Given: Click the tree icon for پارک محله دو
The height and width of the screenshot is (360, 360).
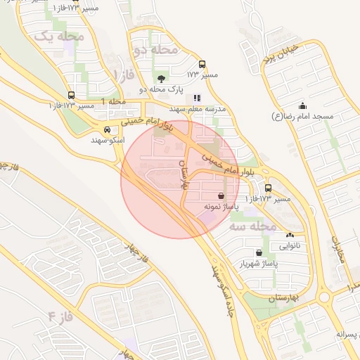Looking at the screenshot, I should coord(162,79).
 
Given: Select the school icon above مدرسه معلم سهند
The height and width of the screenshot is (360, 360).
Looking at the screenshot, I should coord(198,98).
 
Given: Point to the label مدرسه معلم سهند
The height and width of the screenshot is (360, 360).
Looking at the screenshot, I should coord(197,110).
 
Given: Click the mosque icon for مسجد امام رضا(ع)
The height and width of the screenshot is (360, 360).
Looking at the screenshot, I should coord(303,104).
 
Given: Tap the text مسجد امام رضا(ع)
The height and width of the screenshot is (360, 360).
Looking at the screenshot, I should coord(303,116).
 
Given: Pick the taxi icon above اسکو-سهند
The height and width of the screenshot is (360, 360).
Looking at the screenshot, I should coord(106,129).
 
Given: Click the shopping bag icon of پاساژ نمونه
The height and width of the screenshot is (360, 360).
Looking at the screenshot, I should coord(221,195).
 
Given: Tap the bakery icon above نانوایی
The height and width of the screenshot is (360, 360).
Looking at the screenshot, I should coord(290,235).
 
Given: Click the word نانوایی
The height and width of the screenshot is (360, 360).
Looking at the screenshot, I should coord(290,247).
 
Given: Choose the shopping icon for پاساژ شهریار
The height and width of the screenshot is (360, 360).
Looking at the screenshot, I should coord(259,252).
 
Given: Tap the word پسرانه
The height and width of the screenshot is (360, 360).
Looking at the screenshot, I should coord(348,333).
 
